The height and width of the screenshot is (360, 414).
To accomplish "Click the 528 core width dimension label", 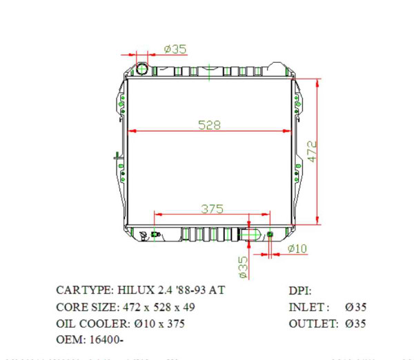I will coord(209,125).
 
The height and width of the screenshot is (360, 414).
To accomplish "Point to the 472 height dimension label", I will coord(311,151).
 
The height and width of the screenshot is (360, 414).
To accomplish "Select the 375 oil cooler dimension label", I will coord(212,208).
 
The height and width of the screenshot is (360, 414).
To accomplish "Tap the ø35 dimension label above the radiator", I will coord(175,49).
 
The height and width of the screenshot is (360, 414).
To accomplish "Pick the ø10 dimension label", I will coord(297,248).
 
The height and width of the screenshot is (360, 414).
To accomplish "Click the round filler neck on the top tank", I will coord(142,68).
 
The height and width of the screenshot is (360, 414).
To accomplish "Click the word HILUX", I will coord(132,290).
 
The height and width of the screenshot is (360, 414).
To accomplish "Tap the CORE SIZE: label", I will coord(87,306).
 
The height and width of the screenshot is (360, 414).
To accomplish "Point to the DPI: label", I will coord(300,290).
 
